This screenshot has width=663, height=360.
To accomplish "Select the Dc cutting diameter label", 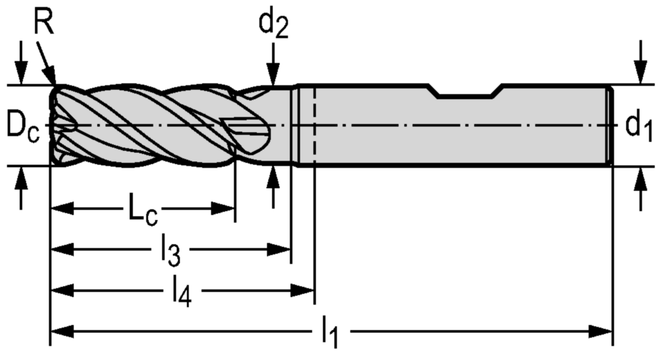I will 23,126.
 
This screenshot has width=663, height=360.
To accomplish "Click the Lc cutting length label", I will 141,210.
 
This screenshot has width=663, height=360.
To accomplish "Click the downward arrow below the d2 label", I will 273,76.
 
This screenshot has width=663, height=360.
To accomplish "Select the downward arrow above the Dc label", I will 23,75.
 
